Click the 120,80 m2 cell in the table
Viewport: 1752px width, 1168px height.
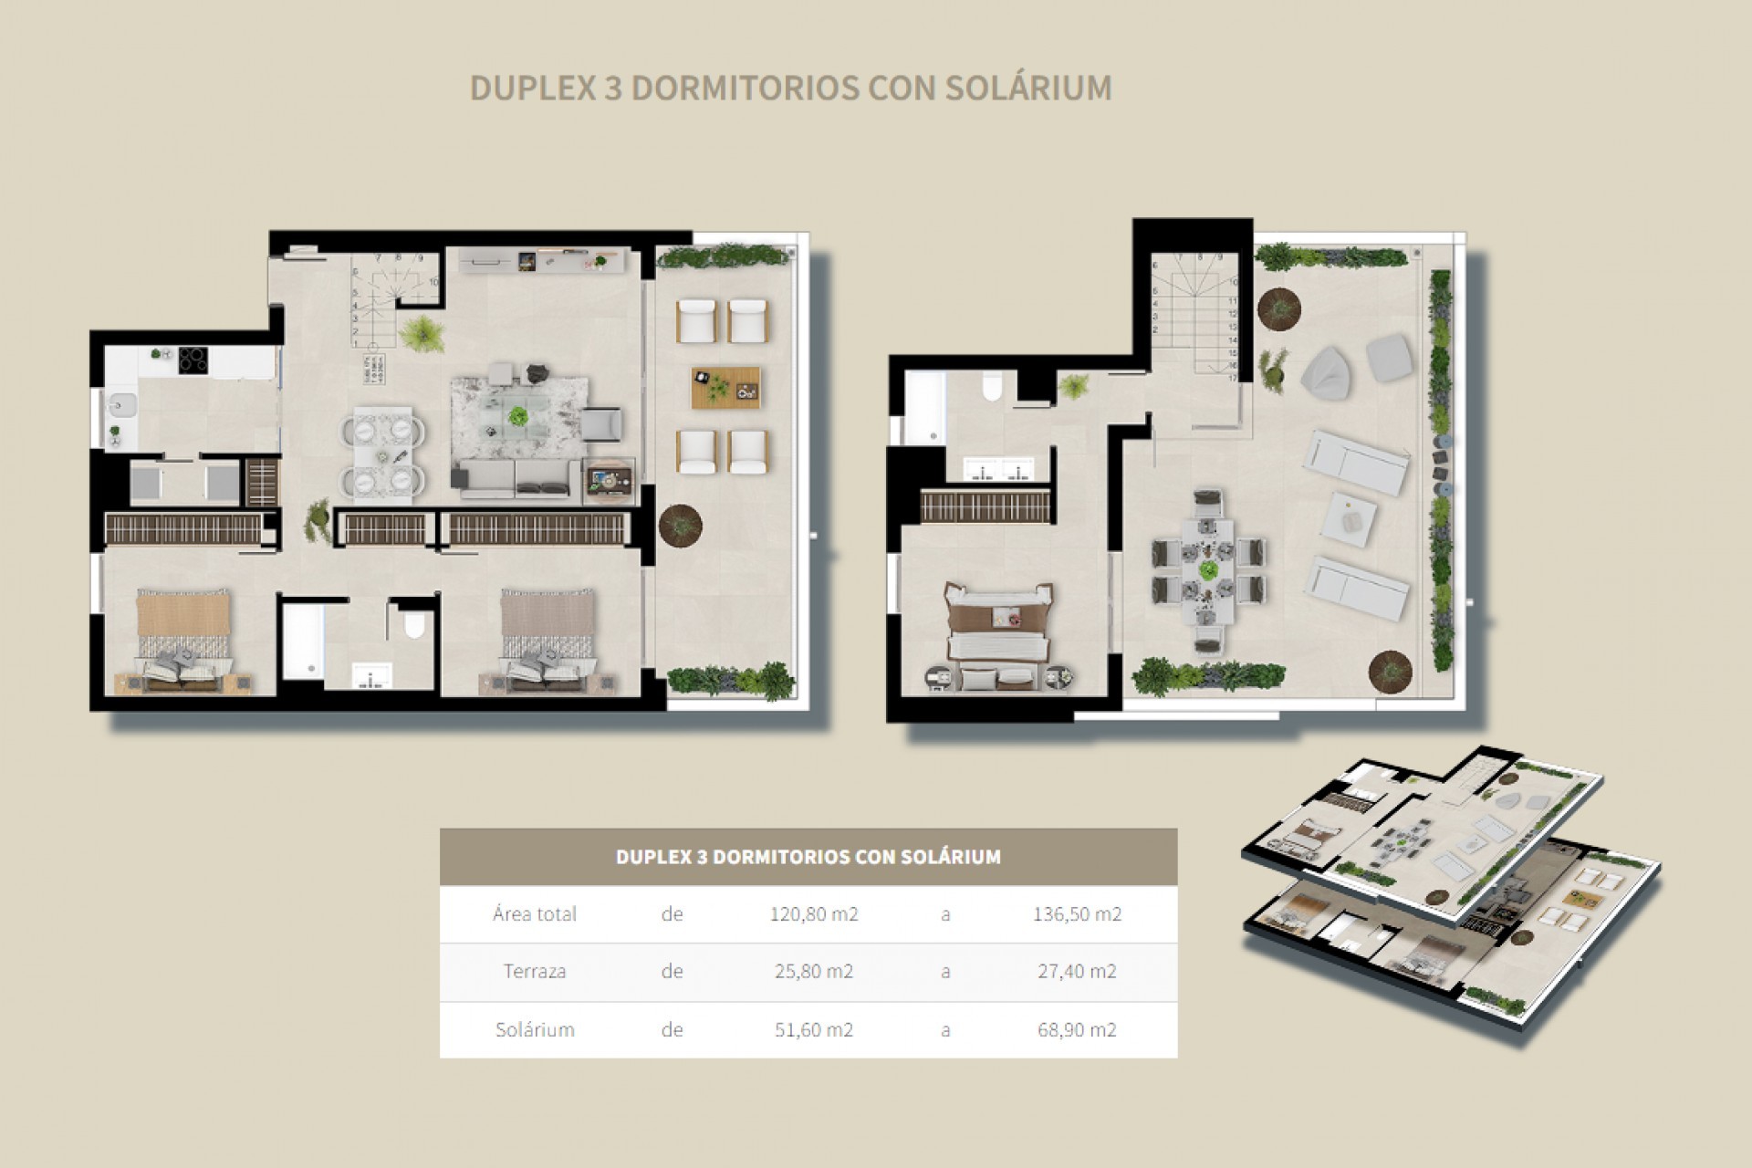click(x=814, y=914)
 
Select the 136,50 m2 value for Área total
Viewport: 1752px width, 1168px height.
click(x=1077, y=914)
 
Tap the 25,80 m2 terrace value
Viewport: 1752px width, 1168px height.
click(x=814, y=972)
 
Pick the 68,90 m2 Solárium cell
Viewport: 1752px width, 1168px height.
click(x=1077, y=1030)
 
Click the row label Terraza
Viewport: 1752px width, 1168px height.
click(x=535, y=972)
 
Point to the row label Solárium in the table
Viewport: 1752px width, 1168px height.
click(x=535, y=1030)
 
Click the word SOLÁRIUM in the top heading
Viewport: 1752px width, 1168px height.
click(x=1028, y=89)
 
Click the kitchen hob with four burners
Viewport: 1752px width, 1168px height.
click(x=193, y=360)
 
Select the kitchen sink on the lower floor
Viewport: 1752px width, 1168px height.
click(x=120, y=402)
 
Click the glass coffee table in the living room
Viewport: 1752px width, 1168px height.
click(x=518, y=421)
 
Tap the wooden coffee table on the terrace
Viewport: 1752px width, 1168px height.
click(x=725, y=388)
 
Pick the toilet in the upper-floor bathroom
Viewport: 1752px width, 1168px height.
click(x=991, y=390)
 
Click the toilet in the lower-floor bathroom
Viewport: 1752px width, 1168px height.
click(x=413, y=626)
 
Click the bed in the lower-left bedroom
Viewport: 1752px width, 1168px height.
click(x=182, y=637)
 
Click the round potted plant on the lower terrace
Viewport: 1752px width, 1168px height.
click(x=681, y=525)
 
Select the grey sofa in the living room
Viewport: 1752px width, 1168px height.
click(x=516, y=478)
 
